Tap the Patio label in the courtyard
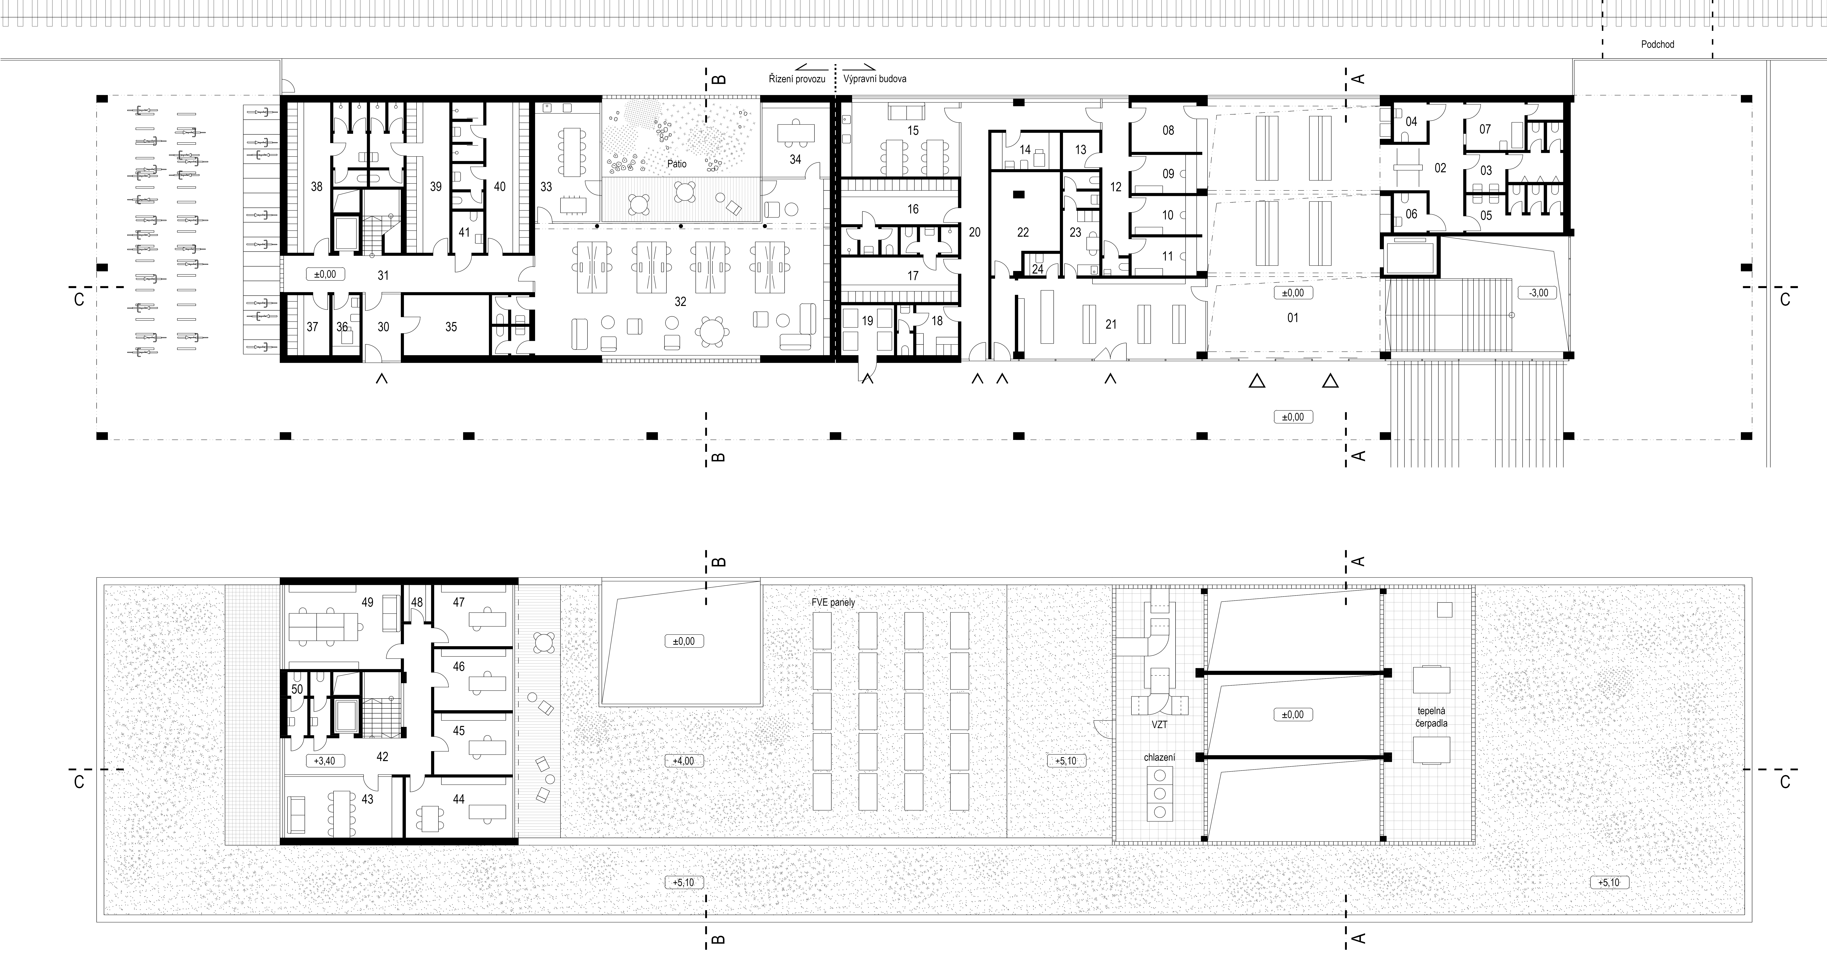click(677, 164)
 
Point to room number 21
click(1111, 324)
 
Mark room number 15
click(913, 131)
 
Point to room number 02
click(1440, 168)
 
